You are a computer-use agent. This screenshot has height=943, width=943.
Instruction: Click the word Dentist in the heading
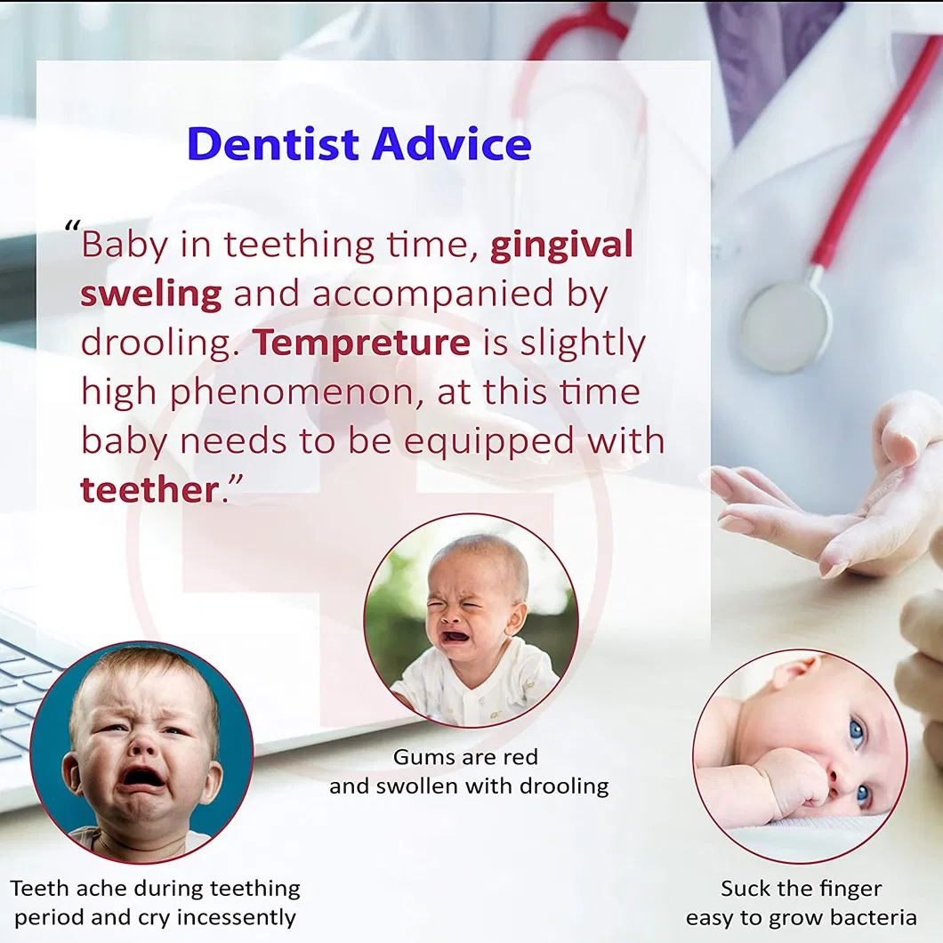273,144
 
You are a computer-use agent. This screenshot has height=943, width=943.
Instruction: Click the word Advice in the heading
452,144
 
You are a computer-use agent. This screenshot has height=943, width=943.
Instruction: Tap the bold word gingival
561,246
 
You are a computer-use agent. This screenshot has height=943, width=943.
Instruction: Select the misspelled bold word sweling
151,295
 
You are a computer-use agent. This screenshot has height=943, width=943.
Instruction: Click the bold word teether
149,490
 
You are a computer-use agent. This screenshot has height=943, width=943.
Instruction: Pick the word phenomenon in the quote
293,393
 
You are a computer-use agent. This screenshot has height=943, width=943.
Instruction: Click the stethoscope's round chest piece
785,326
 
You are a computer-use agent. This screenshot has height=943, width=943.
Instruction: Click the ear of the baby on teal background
71,776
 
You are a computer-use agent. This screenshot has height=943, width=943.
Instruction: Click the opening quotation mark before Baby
72,228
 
